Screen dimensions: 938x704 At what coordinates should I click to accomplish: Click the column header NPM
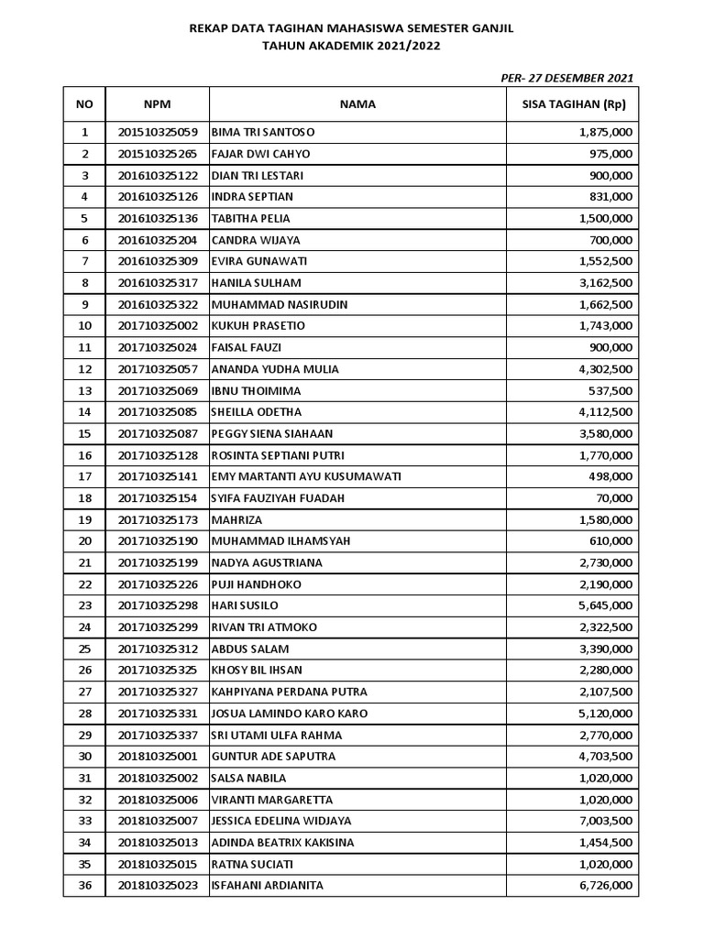click(x=157, y=104)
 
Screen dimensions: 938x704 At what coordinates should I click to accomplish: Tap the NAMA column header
click(x=357, y=104)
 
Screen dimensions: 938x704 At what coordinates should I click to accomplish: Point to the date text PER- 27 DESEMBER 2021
click(x=566, y=78)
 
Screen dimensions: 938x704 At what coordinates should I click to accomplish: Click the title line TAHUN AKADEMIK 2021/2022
click(x=351, y=45)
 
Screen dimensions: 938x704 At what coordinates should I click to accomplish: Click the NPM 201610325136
click(x=158, y=218)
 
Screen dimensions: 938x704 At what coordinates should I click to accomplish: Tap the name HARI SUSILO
click(x=245, y=605)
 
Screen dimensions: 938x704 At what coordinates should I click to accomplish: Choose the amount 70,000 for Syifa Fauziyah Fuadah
click(x=612, y=498)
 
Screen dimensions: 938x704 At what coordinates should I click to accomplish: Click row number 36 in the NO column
click(x=85, y=885)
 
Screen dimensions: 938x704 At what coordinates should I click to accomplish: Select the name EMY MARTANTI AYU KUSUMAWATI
click(x=306, y=476)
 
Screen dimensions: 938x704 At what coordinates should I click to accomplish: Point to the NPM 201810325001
click(x=158, y=757)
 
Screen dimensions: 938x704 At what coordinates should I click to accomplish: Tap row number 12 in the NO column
click(x=85, y=369)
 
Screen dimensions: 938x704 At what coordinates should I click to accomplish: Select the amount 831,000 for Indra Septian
click(x=610, y=197)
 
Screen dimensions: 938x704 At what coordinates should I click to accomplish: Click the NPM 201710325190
click(x=158, y=541)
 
